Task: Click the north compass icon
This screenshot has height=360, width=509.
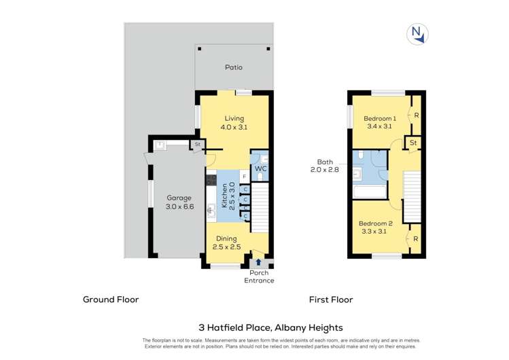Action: (416, 34)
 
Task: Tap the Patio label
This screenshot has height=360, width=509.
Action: (234, 68)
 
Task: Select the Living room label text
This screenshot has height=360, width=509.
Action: (234, 122)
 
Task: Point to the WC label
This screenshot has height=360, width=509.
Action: (260, 168)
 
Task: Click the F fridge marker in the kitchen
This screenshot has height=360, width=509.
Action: (244, 177)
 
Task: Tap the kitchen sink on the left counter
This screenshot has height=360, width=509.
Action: (211, 209)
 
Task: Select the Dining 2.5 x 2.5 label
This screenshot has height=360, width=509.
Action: (226, 242)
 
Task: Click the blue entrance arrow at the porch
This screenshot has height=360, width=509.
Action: (258, 262)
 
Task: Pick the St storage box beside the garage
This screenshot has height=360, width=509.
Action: (197, 145)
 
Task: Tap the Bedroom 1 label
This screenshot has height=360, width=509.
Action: (379, 122)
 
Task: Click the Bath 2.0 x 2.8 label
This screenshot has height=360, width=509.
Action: (322, 166)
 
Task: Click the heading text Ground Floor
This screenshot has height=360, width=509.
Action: (111, 299)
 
